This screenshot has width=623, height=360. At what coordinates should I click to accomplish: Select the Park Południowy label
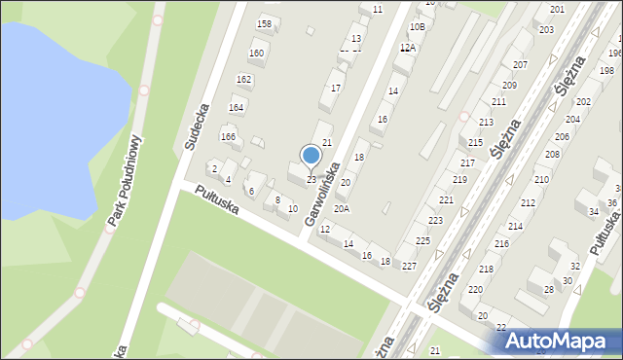click(x=126, y=181)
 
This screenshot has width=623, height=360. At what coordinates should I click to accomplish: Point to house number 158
click(x=263, y=23)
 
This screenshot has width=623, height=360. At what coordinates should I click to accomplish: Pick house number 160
click(x=256, y=54)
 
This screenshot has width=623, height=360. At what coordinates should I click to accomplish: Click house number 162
click(x=243, y=79)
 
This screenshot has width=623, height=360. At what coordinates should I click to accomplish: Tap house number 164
click(x=236, y=107)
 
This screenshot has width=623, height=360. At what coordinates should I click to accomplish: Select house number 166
click(x=229, y=137)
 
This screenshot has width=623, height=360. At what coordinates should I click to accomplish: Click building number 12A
click(x=408, y=47)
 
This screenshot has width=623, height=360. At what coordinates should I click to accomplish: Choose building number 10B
click(x=417, y=26)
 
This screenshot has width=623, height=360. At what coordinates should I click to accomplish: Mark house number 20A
click(x=341, y=208)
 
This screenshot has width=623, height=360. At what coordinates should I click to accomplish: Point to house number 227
click(x=409, y=266)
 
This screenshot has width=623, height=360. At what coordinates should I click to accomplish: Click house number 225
click(x=422, y=240)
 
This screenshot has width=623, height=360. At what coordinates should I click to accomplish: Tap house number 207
click(x=521, y=64)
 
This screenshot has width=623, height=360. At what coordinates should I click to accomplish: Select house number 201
click(x=557, y=9)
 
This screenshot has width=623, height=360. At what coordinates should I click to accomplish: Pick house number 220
click(x=475, y=290)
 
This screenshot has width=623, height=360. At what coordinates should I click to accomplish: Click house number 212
click(x=528, y=202)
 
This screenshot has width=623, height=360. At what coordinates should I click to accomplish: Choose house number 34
click(x=593, y=211)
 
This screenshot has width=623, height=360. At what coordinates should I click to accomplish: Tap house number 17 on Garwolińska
click(x=336, y=89)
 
